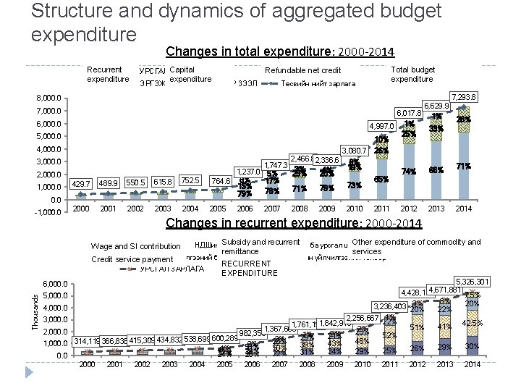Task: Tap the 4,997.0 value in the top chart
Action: (x=381, y=126)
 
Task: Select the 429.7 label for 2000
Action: (x=82, y=185)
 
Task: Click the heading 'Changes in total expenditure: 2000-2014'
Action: (x=279, y=52)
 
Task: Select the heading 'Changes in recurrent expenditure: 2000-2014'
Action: (x=294, y=223)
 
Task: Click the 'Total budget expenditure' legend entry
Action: (x=412, y=75)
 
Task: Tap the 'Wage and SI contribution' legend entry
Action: (x=136, y=247)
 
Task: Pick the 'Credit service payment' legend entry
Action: (x=132, y=259)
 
